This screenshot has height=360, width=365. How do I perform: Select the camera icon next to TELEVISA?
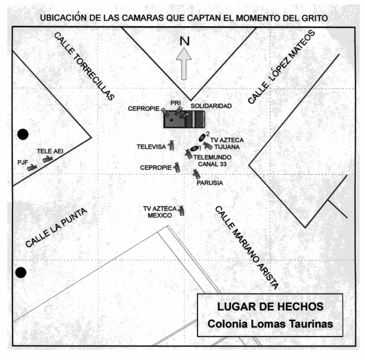coord(171,145)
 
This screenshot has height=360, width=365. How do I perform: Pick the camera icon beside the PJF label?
coord(32,167)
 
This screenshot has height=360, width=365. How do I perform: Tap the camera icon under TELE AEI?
coord(48,159)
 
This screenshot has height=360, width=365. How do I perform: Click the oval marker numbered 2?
coord(202,137)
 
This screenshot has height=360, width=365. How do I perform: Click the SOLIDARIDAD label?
coord(211,106)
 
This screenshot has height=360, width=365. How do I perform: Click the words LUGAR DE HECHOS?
coord(270,307)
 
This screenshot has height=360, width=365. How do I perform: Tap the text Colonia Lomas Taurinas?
coord(270,324)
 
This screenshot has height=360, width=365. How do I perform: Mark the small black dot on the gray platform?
coord(171,120)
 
